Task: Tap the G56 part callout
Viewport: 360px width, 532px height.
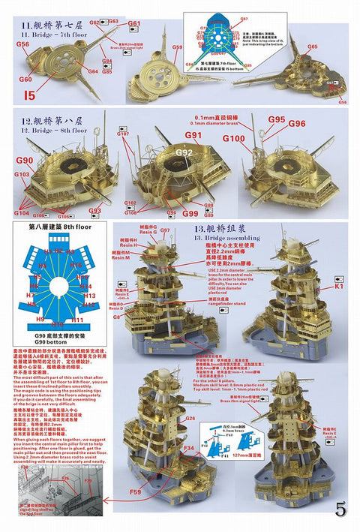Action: coord(23,45)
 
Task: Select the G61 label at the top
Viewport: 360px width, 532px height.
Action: coord(134,24)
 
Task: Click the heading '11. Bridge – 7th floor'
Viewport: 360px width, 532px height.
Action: coord(58,33)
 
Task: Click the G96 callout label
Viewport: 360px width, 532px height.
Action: coord(297,123)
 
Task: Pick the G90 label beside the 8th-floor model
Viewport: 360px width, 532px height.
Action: coord(24,161)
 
